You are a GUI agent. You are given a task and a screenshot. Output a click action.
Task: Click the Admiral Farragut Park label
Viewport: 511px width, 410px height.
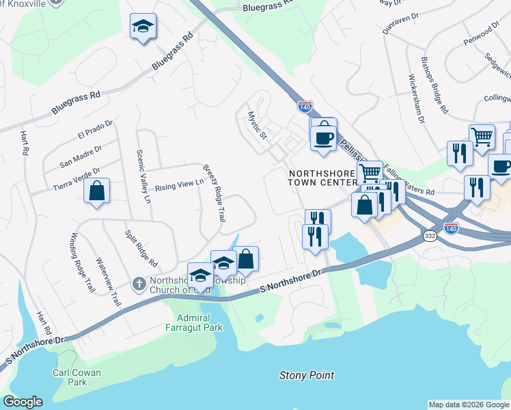tap(195, 323)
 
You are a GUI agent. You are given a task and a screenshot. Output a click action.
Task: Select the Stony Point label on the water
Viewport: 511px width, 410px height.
tap(307, 375)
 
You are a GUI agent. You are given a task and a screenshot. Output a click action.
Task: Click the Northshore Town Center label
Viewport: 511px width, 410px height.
tap(322, 178)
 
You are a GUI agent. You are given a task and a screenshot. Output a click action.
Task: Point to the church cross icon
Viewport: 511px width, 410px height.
tap(138, 283)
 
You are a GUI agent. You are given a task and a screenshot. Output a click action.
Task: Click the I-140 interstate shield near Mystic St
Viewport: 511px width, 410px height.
tap(305, 107)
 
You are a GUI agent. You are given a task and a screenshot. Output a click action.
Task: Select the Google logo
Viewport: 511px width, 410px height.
tap(23, 402)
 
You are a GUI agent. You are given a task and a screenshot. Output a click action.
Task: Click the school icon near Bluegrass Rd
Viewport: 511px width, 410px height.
tap(143, 27)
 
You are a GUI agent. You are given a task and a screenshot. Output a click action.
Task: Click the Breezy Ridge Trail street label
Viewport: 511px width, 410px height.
tap(212, 193)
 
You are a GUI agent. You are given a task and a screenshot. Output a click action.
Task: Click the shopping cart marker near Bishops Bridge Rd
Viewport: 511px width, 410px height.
tap(482, 137)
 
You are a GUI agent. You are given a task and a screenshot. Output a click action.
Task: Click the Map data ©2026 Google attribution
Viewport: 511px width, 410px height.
tap(469, 405)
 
